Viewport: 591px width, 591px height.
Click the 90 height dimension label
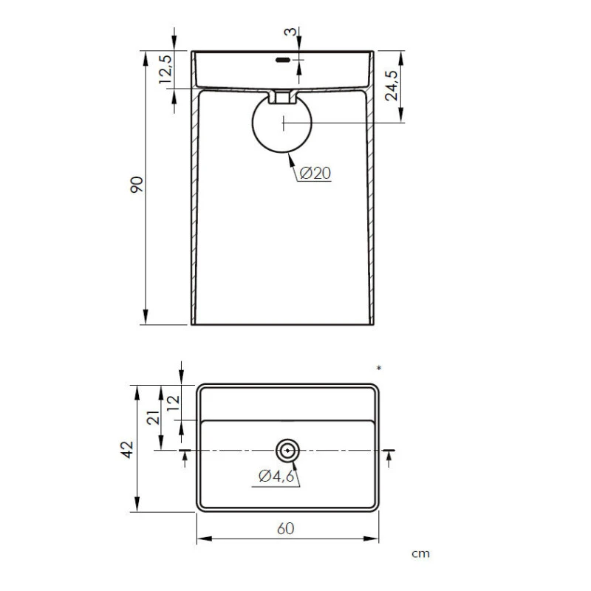point(137,185)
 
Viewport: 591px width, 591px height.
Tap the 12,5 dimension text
point(165,69)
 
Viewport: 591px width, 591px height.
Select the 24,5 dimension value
point(392,86)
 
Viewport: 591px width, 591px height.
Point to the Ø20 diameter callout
point(315,174)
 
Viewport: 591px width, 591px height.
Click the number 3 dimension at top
point(290,32)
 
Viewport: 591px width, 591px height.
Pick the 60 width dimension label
point(286,528)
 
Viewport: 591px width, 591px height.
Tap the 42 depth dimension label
point(127,450)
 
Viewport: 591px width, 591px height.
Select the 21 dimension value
point(154,417)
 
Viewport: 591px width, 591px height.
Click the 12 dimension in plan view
point(174,403)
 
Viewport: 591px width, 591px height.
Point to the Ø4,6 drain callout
point(276,476)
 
